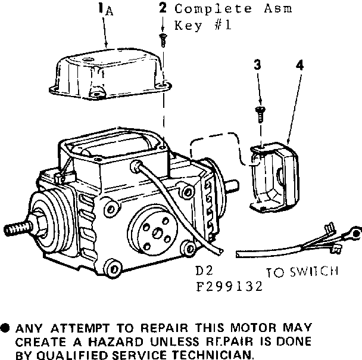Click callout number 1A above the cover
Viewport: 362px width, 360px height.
tap(105, 10)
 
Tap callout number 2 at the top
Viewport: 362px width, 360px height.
tap(163, 8)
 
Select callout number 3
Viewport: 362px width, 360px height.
tap(257, 64)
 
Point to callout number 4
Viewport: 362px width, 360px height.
tap(299, 65)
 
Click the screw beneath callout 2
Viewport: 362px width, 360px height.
tap(163, 40)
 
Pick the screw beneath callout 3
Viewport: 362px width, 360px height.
tap(260, 114)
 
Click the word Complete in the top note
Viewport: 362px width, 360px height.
tap(213, 10)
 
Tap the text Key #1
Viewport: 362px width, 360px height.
tap(202, 25)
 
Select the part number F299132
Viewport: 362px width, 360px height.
tap(229, 287)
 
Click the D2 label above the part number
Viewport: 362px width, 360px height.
tap(204, 271)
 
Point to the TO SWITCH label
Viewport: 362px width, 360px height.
tap(302, 272)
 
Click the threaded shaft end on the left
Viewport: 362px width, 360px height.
tap(17, 229)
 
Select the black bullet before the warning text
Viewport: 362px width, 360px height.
tap(5, 328)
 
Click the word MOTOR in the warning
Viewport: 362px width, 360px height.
tap(253, 328)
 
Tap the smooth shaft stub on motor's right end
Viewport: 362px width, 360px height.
tap(232, 186)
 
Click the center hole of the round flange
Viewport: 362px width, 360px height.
tap(158, 232)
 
